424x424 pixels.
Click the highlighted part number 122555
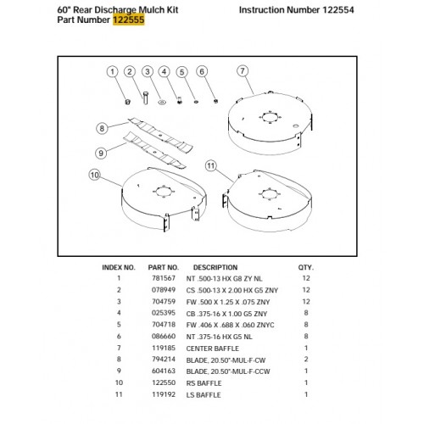point(129,20)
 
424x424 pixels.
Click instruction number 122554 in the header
point(338,10)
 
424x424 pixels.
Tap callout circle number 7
point(243,71)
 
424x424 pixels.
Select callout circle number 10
point(95,175)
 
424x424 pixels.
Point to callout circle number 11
point(211,165)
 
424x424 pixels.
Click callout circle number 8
point(102,129)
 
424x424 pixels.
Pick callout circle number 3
point(148,71)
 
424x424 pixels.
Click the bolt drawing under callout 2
point(145,98)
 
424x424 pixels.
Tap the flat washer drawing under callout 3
point(162,102)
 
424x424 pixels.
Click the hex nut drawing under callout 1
point(127,101)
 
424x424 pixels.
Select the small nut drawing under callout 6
point(215,101)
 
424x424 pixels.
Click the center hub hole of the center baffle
point(270,117)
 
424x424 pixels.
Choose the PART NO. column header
point(164,267)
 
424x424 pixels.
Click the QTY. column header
point(305,267)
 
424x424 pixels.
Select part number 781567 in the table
point(164,278)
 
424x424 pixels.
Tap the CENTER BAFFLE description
point(213,349)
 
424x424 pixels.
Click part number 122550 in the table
point(164,382)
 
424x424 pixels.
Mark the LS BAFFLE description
point(204,395)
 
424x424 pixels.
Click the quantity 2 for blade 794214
point(306,360)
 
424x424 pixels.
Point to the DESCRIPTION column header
point(215,267)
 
